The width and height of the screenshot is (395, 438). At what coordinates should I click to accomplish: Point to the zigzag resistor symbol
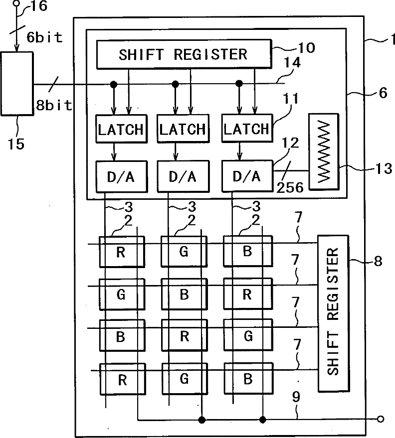[x=324, y=151]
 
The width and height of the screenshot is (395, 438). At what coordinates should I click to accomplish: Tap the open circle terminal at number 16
[x=17, y=3]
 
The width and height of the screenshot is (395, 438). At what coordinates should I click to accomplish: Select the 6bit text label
[x=44, y=37]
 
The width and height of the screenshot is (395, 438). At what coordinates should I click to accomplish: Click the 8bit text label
[x=54, y=105]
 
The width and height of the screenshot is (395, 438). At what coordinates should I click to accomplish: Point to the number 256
[x=290, y=187]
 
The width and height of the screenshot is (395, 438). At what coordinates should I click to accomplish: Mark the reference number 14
[x=292, y=62]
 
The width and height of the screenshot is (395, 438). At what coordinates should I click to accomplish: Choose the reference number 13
[x=384, y=168]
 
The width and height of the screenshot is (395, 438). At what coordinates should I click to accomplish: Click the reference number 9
[x=296, y=397]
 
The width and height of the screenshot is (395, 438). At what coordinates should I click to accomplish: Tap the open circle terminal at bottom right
[x=380, y=419]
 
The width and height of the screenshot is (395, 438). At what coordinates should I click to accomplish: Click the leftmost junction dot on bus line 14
[x=114, y=84]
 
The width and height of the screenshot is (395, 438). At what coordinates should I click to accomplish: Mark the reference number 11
[x=291, y=98]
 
